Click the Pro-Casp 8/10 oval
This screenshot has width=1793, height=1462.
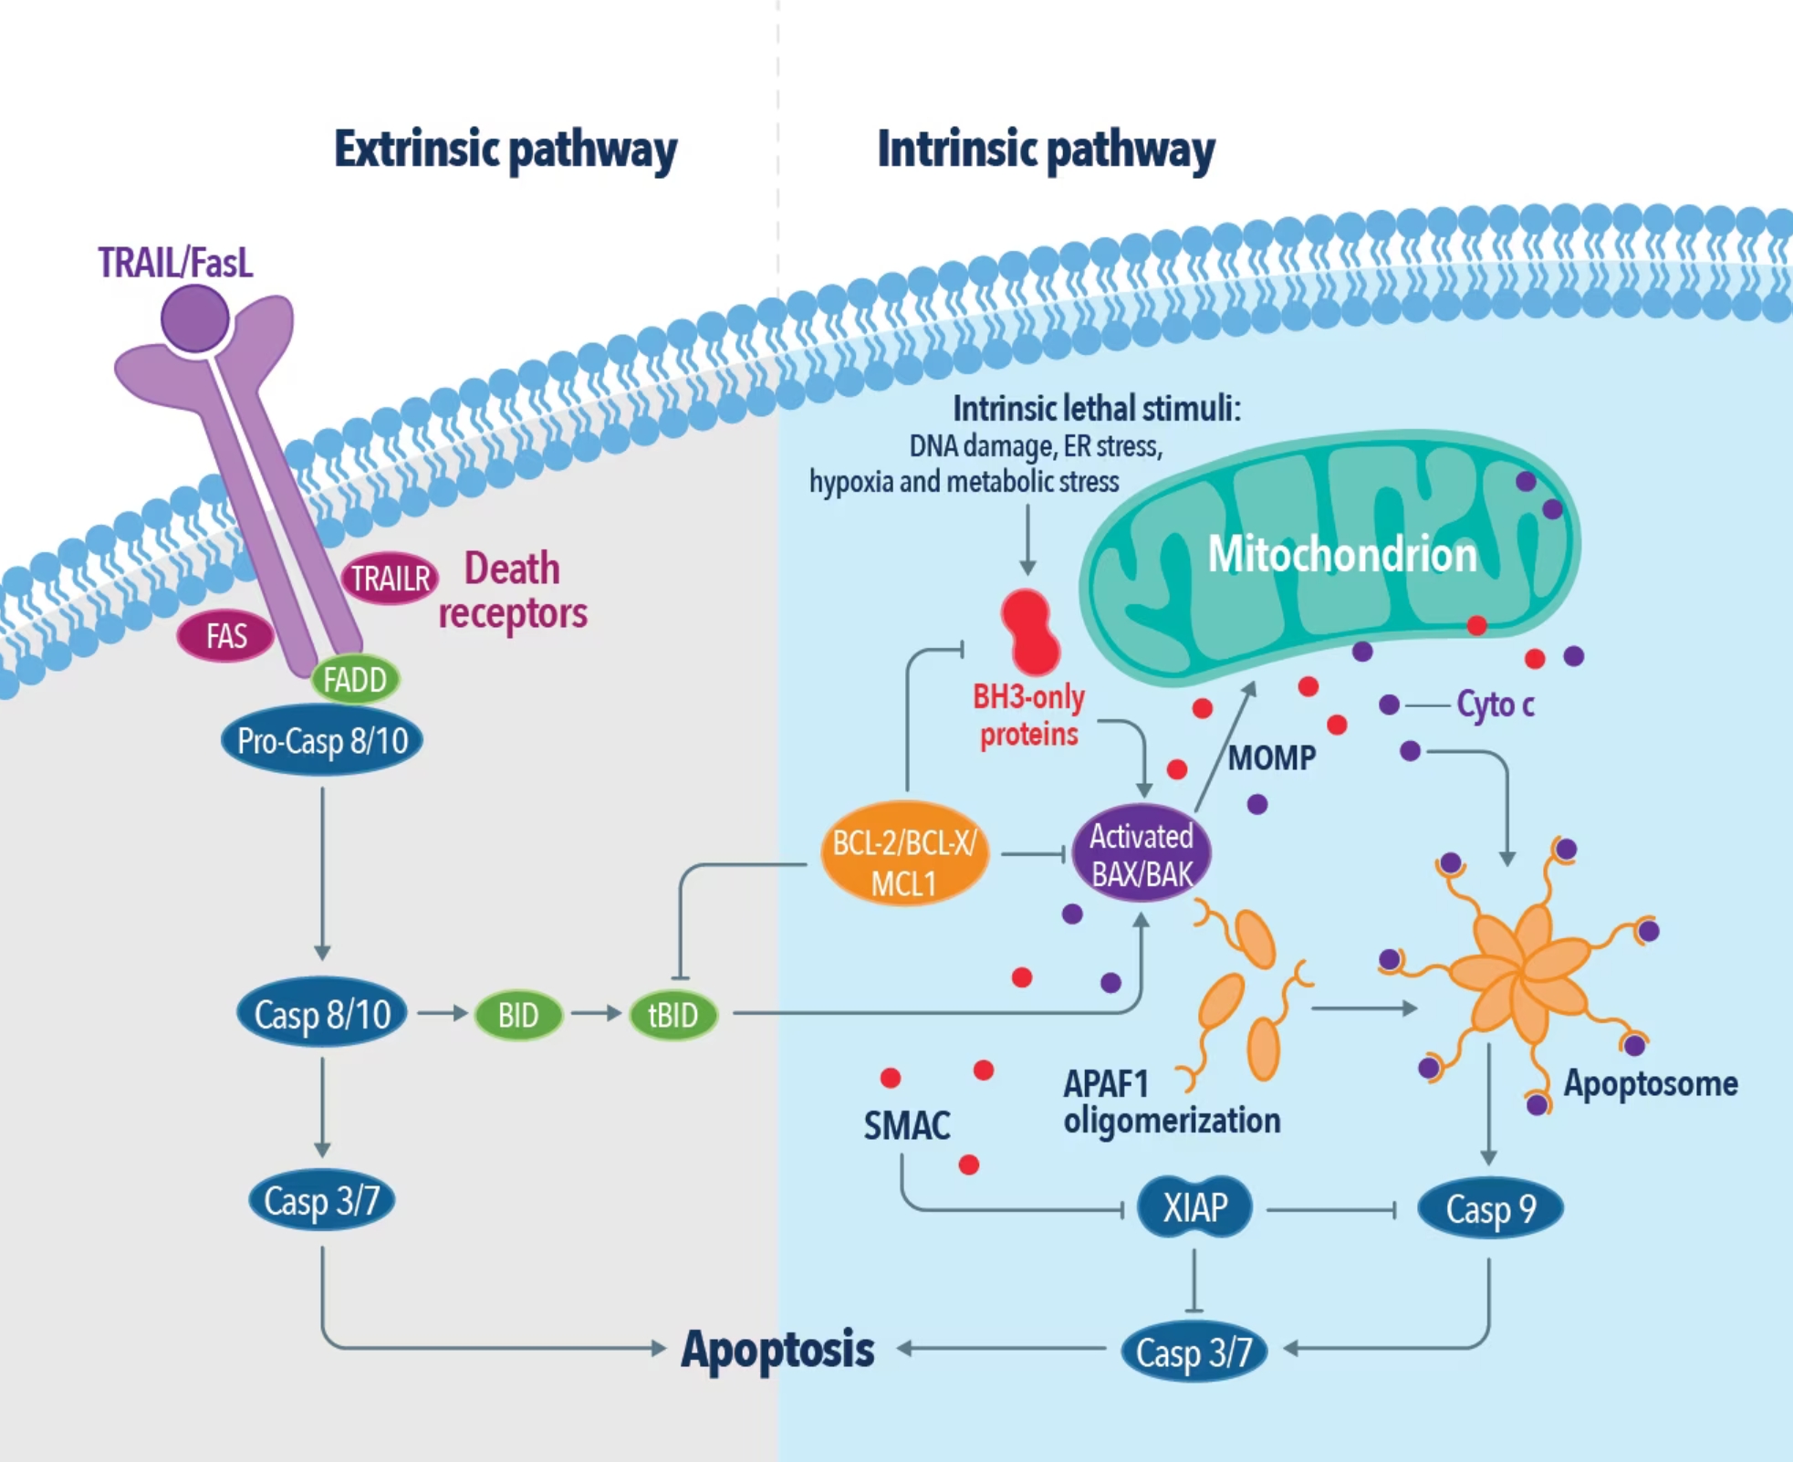322,740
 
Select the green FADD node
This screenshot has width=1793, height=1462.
355,680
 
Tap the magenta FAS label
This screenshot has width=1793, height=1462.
225,635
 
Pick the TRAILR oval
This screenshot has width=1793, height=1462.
391,579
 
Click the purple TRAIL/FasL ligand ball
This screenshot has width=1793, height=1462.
195,319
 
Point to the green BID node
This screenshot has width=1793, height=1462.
517,1015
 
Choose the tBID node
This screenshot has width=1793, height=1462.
673,1015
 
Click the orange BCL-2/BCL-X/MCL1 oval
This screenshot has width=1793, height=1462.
904,854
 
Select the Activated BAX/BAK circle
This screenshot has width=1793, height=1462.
1141,853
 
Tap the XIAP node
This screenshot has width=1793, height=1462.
1195,1207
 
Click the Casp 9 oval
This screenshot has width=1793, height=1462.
1490,1209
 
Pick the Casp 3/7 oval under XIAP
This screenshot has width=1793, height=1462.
1194,1352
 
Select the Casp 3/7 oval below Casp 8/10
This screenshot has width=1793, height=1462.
321,1200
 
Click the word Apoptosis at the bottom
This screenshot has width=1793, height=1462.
777,1350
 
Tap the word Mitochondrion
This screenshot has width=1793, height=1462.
1342,554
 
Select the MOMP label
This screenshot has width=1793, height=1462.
1271,757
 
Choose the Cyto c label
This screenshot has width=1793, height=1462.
1496,705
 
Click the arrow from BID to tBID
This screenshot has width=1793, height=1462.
597,1014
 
